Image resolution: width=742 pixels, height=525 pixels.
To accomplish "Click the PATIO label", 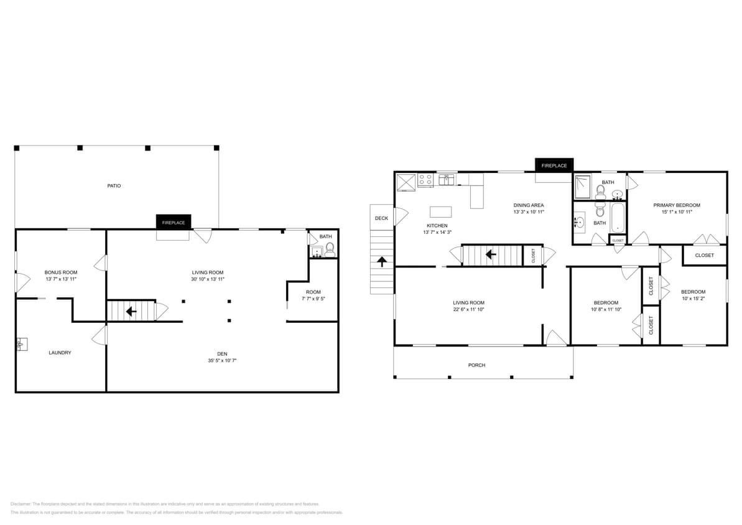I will pos(114,186).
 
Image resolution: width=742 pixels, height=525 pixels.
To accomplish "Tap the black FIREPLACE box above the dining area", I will pos(554,165).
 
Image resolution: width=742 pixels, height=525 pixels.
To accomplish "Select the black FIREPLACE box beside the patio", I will pos(174,222).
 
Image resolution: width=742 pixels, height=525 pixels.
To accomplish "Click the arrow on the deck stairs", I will pos(382,261).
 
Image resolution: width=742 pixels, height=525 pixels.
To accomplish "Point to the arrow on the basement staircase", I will pos(131,311).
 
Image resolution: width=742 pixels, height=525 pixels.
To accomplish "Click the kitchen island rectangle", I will pos(440,211).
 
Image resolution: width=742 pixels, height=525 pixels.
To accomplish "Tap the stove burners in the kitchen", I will pos(425,180).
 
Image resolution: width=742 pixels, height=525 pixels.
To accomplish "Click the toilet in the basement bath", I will pos(330,250).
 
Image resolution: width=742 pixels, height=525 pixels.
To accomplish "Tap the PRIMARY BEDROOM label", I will pos(677,205).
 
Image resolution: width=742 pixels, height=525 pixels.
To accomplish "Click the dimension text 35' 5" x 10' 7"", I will pos(222,360).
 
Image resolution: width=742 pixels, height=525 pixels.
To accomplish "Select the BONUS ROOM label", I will pos(61,272).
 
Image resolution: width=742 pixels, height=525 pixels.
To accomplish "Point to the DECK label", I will pos(381,218).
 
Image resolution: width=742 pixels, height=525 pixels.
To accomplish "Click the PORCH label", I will pos(476,365).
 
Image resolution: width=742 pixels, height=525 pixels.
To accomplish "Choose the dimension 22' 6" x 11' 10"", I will pos(468,309).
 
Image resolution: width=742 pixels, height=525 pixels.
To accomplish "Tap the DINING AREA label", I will pos(529,205).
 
